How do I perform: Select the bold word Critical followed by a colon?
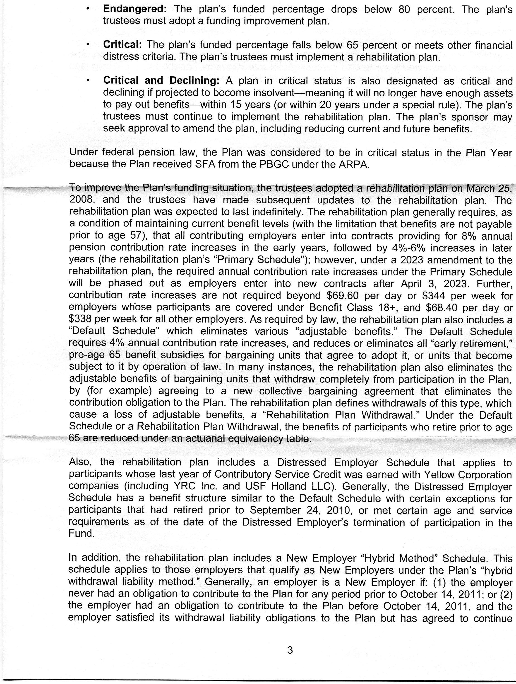click(122, 45)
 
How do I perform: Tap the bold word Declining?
click(194, 80)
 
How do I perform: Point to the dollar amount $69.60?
click(343, 296)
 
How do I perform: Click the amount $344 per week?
click(433, 296)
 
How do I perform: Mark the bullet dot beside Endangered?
click(88, 9)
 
